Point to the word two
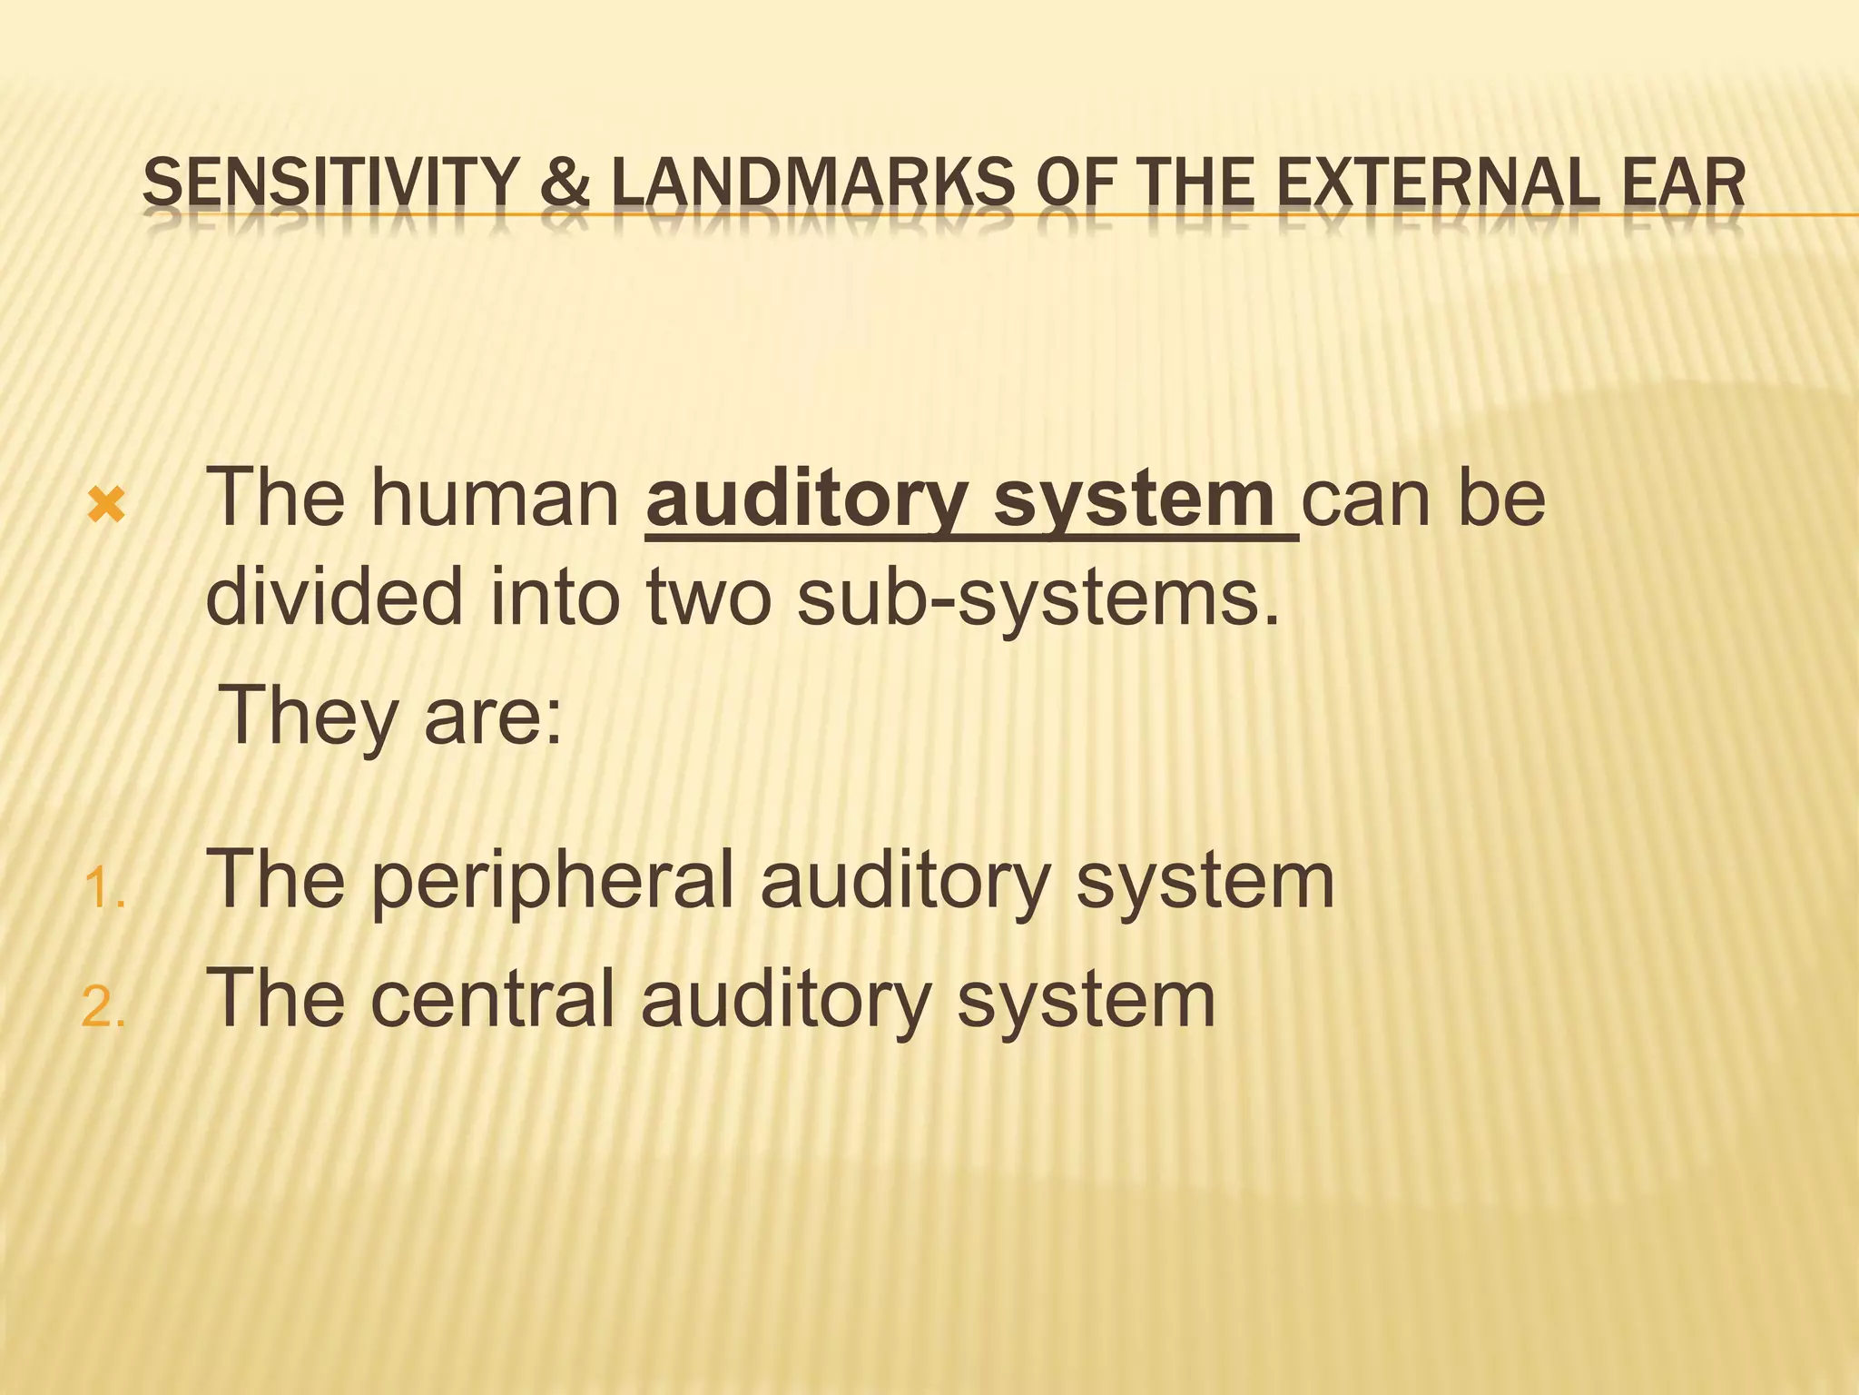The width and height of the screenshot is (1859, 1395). point(708,597)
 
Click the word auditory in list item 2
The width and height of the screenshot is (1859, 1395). point(786,1000)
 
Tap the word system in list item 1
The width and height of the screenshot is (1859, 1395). point(1205,880)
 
